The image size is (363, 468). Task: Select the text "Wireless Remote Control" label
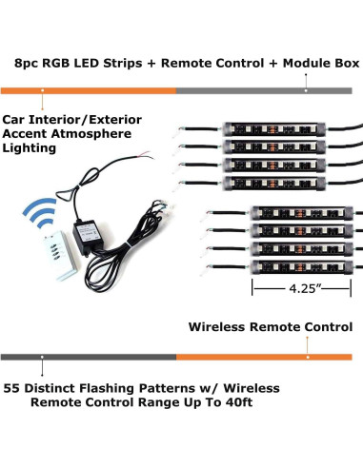coord(271,327)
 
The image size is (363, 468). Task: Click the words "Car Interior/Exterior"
coord(72,120)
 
